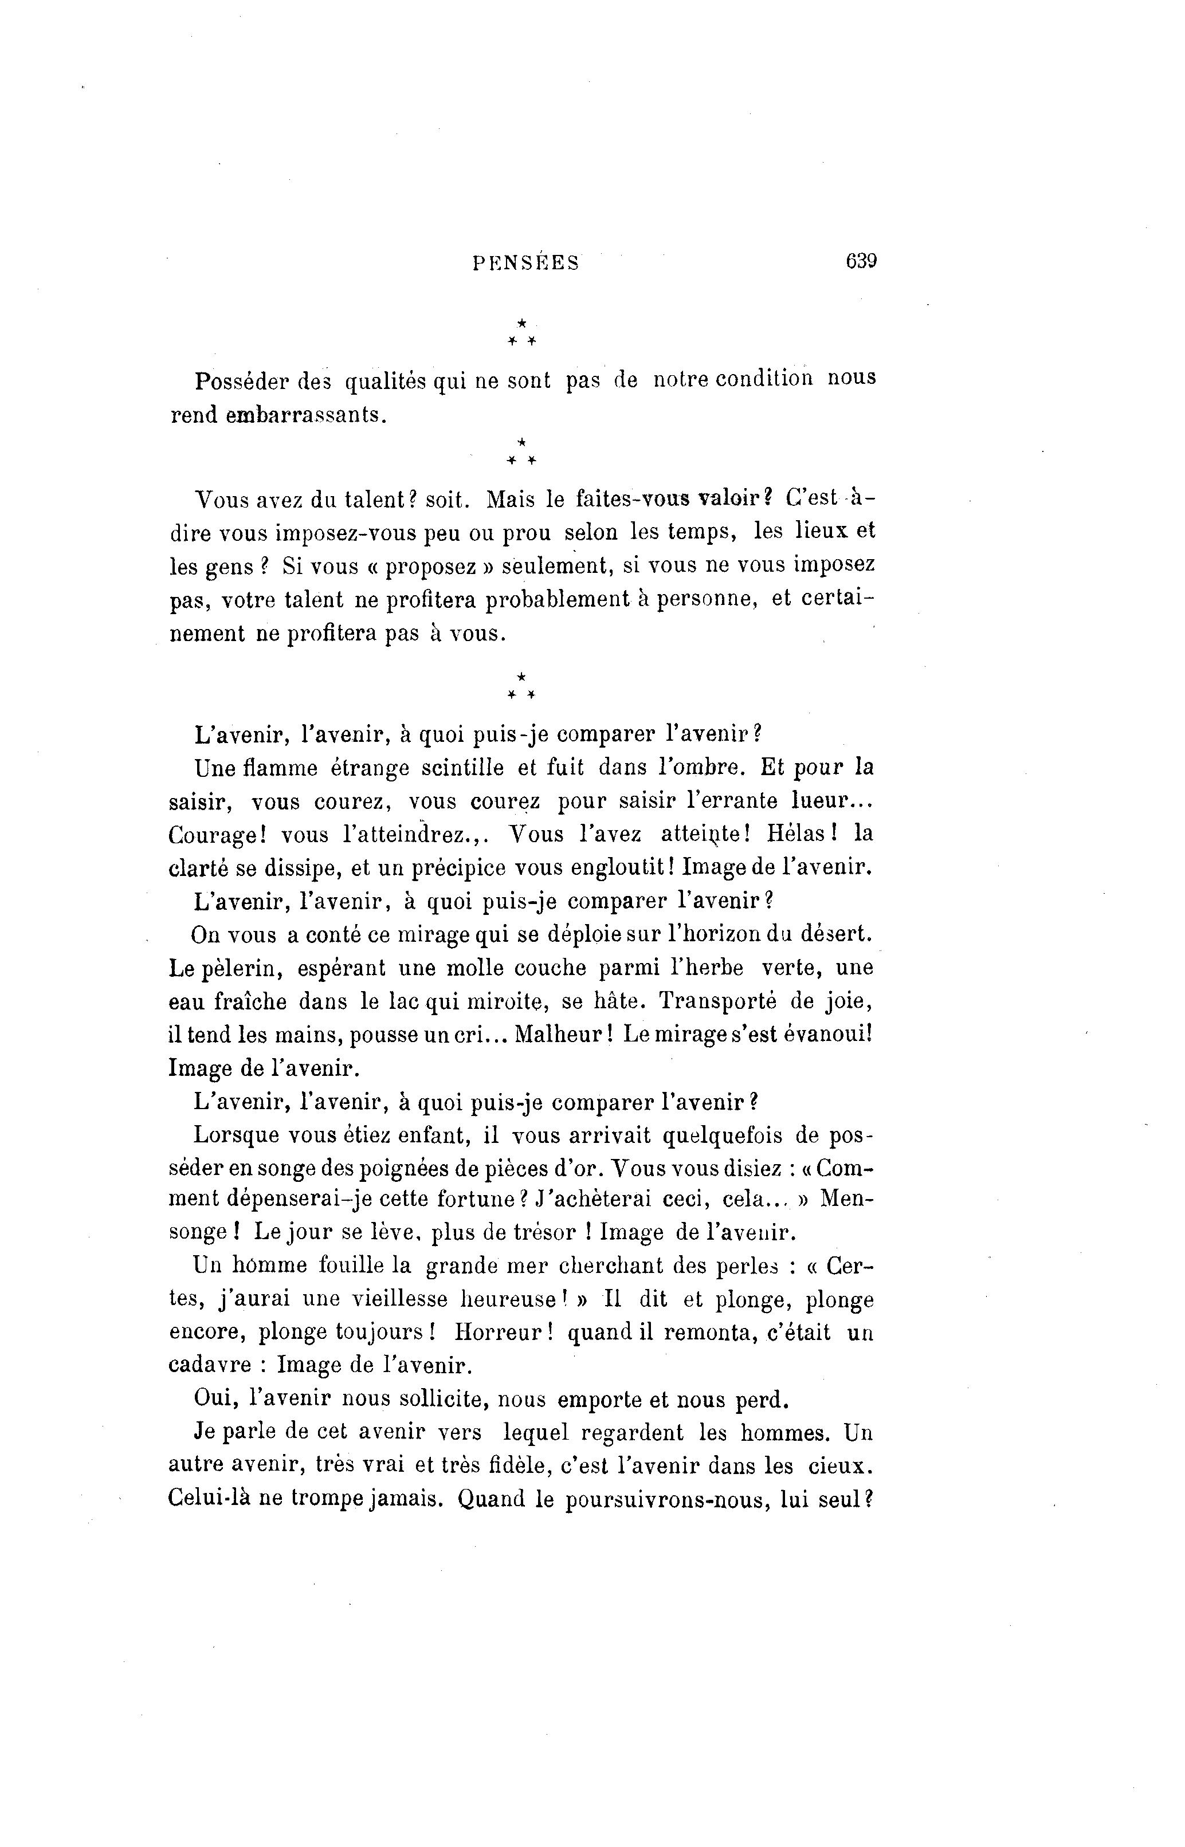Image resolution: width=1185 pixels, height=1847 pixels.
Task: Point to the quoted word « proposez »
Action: pyautogui.click(x=441, y=567)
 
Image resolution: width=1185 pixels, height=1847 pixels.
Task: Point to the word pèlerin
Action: pyautogui.click(x=236, y=969)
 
